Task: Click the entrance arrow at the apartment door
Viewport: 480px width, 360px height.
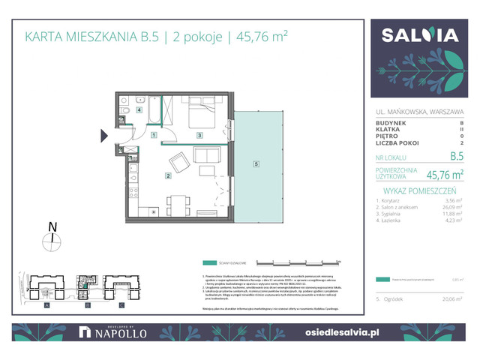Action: point(105,136)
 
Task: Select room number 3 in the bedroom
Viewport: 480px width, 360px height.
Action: point(199,135)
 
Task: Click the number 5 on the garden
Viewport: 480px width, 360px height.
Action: point(256,163)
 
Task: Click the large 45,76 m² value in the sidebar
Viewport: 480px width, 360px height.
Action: point(444,174)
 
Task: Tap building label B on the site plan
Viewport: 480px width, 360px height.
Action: point(87,305)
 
